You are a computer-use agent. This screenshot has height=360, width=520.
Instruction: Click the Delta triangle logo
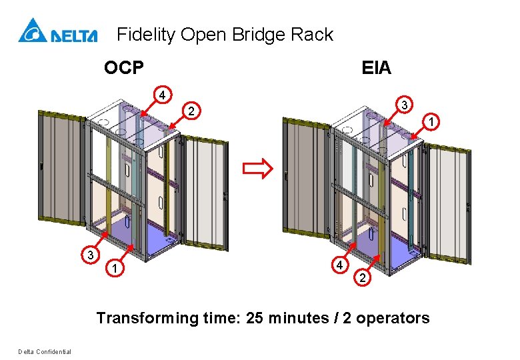click(x=33, y=31)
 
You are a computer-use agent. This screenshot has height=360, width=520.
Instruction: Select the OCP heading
click(x=124, y=67)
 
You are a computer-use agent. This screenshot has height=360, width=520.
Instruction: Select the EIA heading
click(x=376, y=68)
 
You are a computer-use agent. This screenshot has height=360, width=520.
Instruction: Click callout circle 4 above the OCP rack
click(x=162, y=95)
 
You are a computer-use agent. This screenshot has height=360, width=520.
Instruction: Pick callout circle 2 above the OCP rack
click(x=191, y=111)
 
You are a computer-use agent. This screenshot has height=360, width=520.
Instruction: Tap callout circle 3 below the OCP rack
click(x=91, y=255)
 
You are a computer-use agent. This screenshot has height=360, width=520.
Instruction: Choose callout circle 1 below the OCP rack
click(x=115, y=267)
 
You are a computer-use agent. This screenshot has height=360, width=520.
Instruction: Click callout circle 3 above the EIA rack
click(x=404, y=105)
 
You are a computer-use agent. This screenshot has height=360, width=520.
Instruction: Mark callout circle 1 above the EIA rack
click(x=431, y=121)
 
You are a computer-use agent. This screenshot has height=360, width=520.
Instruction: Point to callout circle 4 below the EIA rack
click(x=340, y=265)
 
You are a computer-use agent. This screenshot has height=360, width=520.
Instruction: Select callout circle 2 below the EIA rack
click(x=363, y=277)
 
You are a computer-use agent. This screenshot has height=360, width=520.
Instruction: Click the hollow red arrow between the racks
click(x=258, y=169)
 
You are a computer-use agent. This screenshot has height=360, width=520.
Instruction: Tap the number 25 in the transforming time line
click(x=255, y=318)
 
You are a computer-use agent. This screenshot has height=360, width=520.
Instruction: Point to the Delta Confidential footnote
click(x=45, y=352)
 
